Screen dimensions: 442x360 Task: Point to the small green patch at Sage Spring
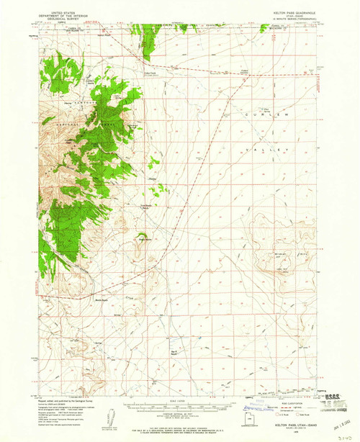(x=143, y=235)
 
